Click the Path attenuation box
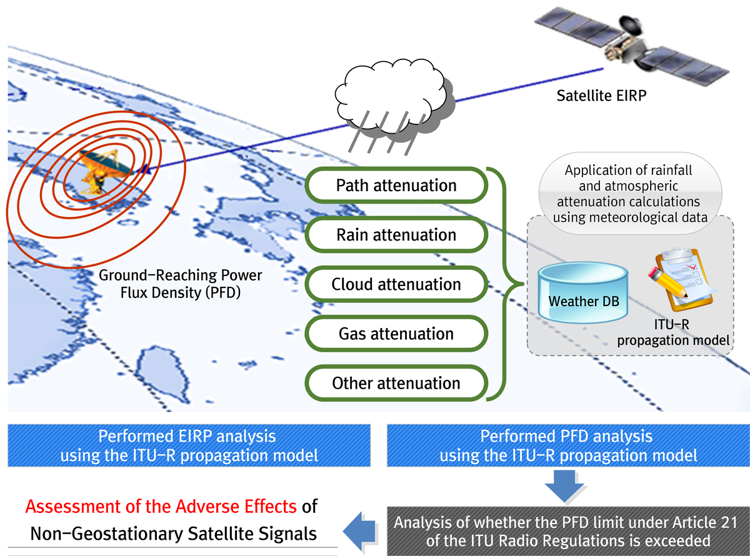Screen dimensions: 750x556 (396, 185)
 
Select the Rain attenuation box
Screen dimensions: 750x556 (396, 234)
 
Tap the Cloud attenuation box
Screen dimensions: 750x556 (396, 284)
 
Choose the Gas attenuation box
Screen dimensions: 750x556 (396, 334)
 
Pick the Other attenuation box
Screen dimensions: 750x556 (396, 383)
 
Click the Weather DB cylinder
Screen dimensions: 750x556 (583, 293)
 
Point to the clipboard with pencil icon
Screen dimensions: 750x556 (683, 279)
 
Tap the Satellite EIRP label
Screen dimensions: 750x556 (601, 96)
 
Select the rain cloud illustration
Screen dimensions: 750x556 (394, 105)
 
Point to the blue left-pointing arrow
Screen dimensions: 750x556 (359, 531)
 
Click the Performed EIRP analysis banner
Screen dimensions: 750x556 (189, 445)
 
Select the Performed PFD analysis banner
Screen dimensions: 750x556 (568, 445)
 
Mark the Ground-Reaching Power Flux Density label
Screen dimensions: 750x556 (180, 284)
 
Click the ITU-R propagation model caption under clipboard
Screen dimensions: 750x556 (673, 332)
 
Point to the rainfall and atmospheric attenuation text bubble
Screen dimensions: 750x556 (630, 193)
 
